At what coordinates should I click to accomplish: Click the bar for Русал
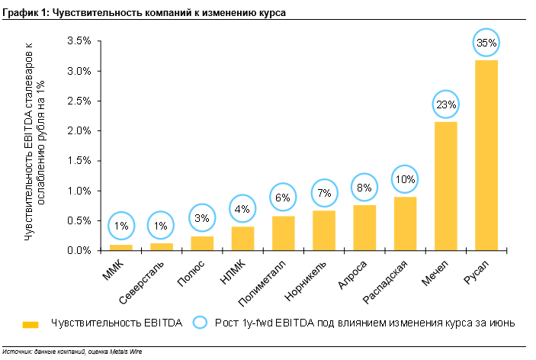click(486, 156)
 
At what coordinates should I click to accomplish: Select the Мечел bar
click(445, 186)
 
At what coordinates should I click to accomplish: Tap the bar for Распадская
click(405, 223)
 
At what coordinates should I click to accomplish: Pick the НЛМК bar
click(242, 239)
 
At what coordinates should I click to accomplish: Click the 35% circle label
click(486, 43)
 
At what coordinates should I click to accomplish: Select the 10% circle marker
click(406, 179)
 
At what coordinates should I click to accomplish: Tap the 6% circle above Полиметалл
click(284, 198)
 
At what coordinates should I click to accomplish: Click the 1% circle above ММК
click(121, 226)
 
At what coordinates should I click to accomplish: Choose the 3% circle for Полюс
click(202, 219)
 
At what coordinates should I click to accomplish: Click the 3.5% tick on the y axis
click(79, 40)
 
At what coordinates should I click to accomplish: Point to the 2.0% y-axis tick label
click(79, 130)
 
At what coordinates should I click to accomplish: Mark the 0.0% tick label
click(79, 250)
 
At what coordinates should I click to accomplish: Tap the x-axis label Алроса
click(354, 272)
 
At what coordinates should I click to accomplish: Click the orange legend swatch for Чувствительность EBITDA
click(30, 324)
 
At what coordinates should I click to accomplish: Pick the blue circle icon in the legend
click(201, 323)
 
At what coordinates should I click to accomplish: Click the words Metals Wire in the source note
click(127, 352)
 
